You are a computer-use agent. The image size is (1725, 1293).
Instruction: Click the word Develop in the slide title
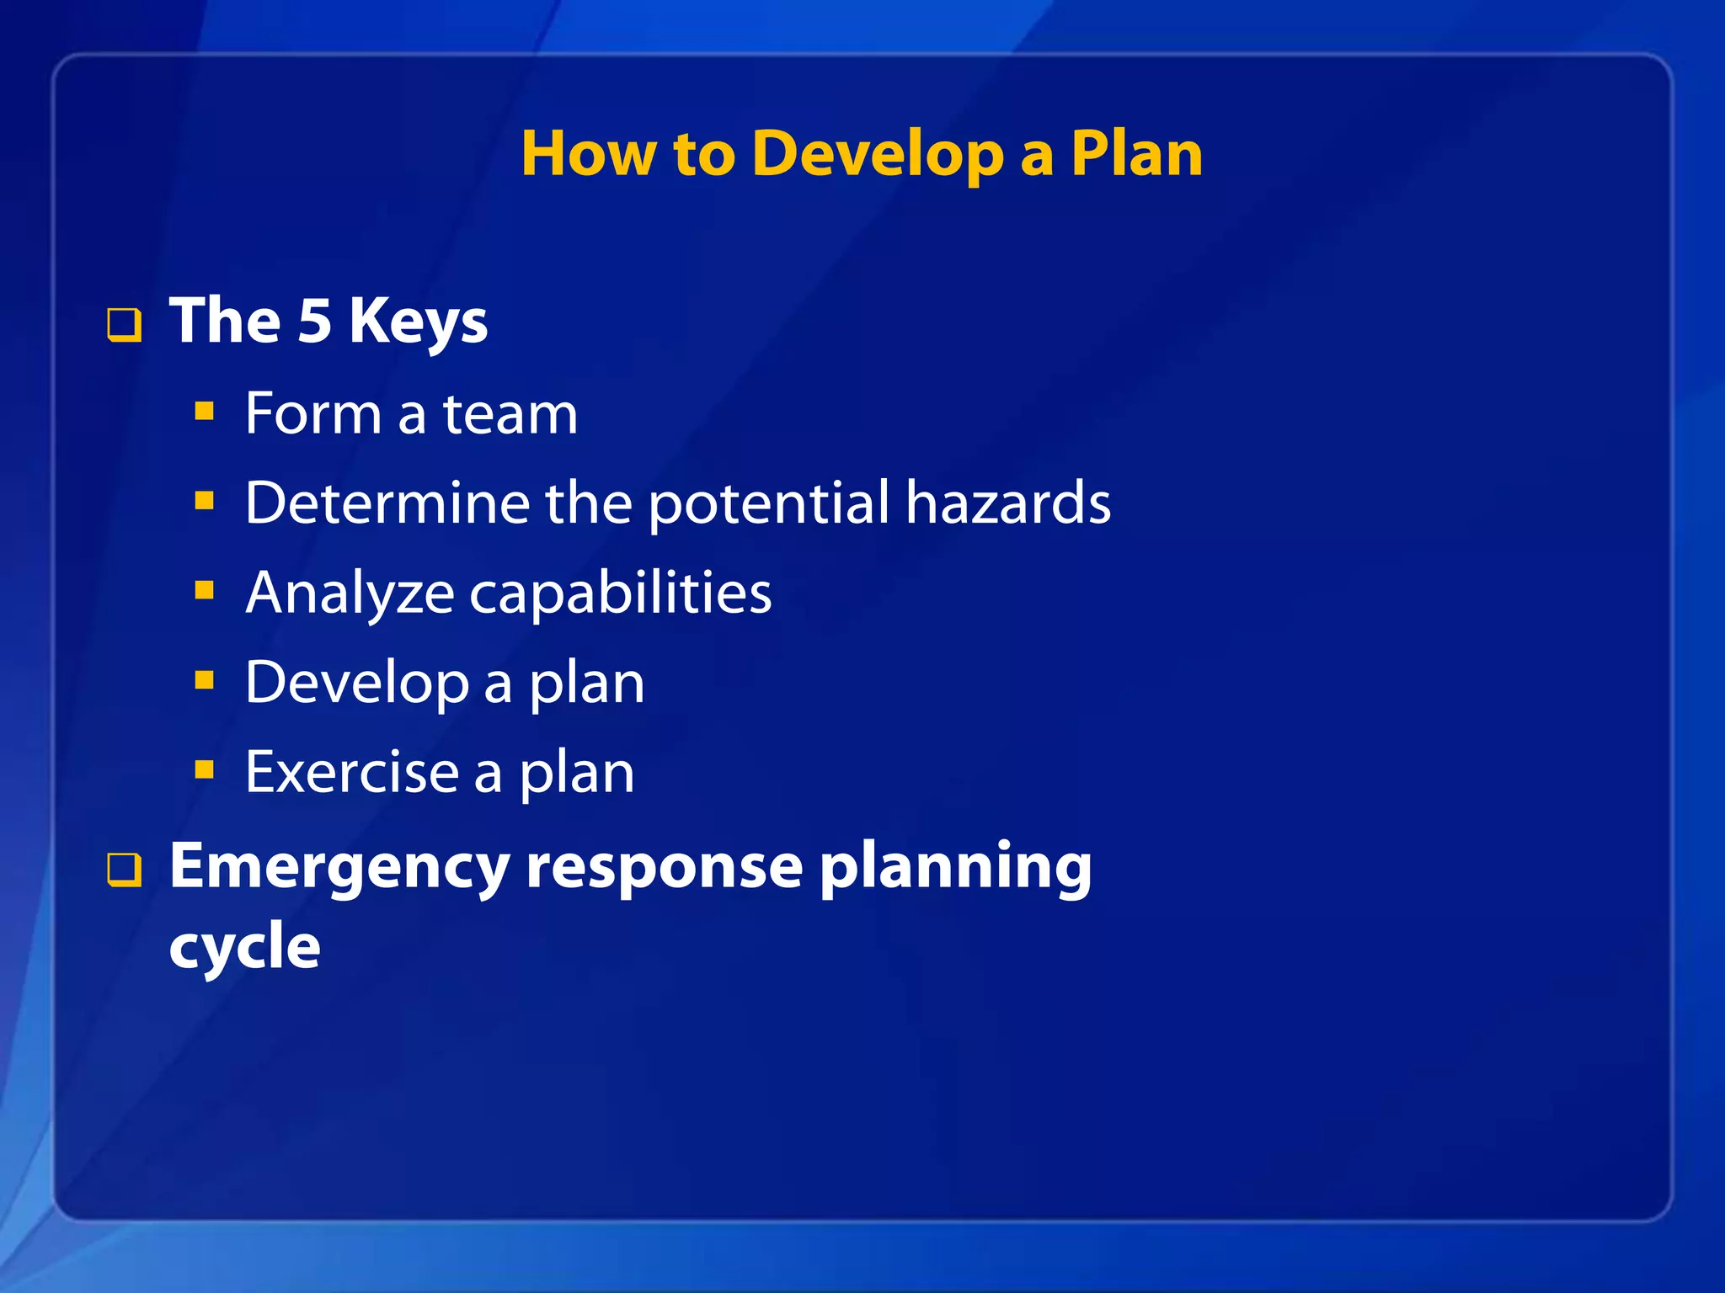(878, 156)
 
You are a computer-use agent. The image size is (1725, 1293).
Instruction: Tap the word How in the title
(588, 154)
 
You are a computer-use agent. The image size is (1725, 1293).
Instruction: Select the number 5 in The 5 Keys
(315, 322)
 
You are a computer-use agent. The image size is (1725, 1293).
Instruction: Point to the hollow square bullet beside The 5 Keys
(124, 325)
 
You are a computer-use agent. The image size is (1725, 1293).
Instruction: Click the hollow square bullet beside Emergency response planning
(124, 870)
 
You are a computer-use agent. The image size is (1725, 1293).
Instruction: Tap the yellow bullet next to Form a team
(204, 412)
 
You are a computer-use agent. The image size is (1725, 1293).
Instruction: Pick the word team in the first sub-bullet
(510, 414)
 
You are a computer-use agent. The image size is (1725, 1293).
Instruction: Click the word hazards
(1008, 503)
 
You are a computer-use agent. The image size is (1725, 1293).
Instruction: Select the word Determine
(387, 503)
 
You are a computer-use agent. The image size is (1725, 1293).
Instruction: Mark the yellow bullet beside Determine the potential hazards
(204, 502)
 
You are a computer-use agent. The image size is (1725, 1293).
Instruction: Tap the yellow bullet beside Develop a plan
(204, 679)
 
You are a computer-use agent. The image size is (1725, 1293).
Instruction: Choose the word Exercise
(351, 772)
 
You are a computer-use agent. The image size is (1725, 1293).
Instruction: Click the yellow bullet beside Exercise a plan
(204, 769)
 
